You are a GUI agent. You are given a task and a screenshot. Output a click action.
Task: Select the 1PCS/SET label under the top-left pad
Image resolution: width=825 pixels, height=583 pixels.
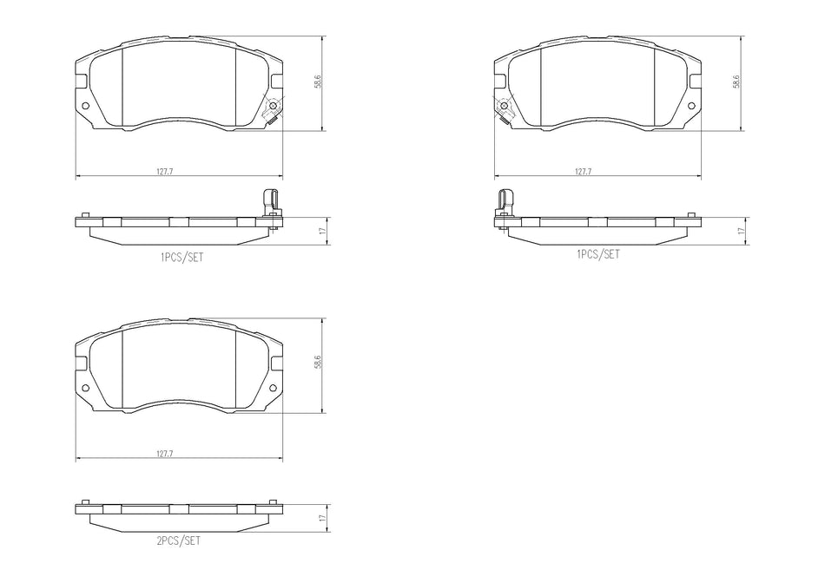coord(181,258)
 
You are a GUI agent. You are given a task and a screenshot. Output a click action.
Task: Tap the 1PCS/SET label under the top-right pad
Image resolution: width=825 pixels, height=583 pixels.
coord(598,253)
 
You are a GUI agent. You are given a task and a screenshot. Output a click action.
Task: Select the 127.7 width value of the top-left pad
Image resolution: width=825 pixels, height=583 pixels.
coord(165,172)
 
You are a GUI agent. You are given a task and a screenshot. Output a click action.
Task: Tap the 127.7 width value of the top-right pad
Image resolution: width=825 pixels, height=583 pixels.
coord(583,172)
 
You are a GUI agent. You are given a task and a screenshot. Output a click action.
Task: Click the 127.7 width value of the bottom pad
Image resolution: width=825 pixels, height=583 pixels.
coord(165,453)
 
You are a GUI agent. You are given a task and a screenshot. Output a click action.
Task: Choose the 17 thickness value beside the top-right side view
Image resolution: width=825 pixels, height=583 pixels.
coord(740,232)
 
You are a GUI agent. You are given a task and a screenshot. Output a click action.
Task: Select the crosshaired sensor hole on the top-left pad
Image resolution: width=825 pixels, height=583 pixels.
coord(274,107)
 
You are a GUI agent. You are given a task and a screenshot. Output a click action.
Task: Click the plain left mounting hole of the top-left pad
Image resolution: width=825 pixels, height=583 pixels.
coord(85,107)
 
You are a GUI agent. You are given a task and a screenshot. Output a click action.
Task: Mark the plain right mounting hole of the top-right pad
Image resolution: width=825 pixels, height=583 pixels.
coord(692,107)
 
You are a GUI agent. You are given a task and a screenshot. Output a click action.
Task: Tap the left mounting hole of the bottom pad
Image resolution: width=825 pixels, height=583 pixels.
coord(85,388)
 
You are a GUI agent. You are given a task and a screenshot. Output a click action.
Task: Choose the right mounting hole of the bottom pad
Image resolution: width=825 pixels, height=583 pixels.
coord(274,388)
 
